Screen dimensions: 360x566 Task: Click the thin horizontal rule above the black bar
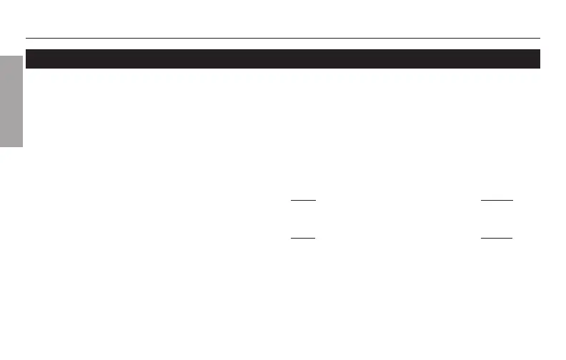[x=282, y=38]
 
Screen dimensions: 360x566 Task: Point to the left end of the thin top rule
[x=26, y=38]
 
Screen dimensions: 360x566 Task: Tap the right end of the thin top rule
[x=539, y=38]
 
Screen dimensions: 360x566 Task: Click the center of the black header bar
[x=282, y=59]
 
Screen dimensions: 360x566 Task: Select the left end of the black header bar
[x=27, y=59]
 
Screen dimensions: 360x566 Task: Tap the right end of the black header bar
[x=538, y=59]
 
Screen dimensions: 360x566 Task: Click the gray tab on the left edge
[x=11, y=99]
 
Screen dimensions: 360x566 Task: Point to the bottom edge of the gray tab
[x=11, y=146]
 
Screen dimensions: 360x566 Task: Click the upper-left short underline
[x=304, y=201]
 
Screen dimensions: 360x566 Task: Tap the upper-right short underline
[x=497, y=201]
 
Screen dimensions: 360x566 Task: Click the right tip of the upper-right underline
[x=512, y=201]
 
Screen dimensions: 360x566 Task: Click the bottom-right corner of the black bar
[x=539, y=68]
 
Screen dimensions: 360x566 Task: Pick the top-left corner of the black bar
[x=26, y=50]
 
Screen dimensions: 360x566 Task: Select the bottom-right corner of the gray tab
[x=23, y=146]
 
